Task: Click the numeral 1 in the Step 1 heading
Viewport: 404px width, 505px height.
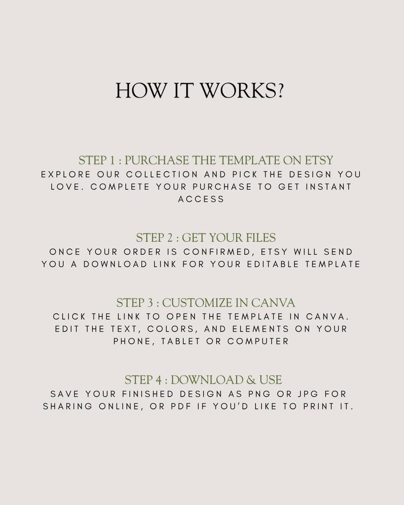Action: coord(112,160)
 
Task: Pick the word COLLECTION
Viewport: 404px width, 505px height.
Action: coord(162,174)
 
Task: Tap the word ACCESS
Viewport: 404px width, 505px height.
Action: coord(201,199)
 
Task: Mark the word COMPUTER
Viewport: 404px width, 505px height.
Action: coord(258,341)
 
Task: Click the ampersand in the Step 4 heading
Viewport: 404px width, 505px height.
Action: coord(251,380)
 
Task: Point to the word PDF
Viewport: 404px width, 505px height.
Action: coord(181,406)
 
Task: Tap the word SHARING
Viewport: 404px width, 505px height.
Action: coord(68,406)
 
